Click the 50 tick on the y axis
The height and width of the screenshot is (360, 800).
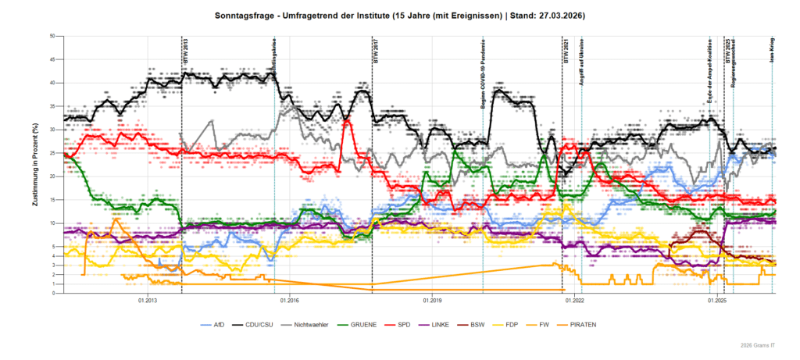pos(51,36)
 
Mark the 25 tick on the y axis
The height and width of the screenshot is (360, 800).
pos(51,153)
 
